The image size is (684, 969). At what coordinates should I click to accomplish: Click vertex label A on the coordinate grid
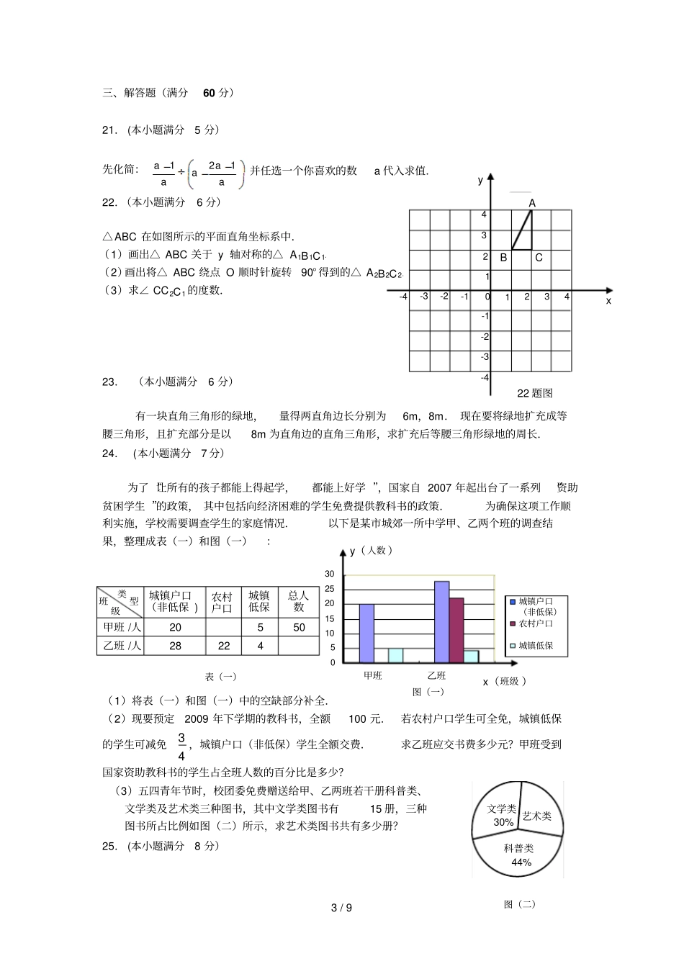click(x=532, y=203)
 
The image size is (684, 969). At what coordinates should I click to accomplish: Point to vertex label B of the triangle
click(x=503, y=257)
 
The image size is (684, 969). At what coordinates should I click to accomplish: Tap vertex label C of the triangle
click(x=539, y=257)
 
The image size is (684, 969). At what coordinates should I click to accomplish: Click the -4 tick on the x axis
click(x=403, y=297)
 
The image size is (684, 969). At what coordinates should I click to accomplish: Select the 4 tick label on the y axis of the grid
click(x=484, y=215)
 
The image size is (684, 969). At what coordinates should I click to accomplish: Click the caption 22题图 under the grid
click(x=535, y=393)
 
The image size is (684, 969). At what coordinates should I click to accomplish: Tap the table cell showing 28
click(x=175, y=646)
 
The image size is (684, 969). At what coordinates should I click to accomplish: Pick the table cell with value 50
click(x=299, y=627)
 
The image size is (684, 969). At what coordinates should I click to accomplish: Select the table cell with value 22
click(x=224, y=646)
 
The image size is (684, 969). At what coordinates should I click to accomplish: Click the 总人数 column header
click(x=299, y=601)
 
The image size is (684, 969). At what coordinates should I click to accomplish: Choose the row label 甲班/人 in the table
click(x=122, y=627)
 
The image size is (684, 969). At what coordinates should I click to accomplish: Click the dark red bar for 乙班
click(x=456, y=630)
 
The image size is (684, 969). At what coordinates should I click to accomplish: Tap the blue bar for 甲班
click(x=366, y=633)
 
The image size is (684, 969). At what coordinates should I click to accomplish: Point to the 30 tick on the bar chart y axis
click(x=330, y=574)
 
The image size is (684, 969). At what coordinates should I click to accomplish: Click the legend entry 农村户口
click(x=536, y=623)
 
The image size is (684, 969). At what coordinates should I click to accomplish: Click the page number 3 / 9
click(x=341, y=908)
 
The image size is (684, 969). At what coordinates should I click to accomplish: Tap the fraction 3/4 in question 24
click(x=181, y=747)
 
